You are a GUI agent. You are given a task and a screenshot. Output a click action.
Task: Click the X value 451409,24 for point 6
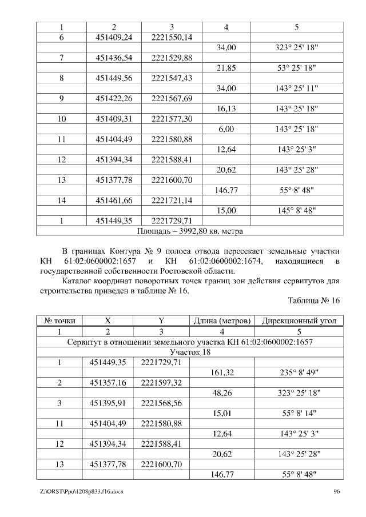pyautogui.click(x=114, y=37)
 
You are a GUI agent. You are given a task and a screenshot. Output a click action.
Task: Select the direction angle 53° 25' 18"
pyautogui.click(x=296, y=68)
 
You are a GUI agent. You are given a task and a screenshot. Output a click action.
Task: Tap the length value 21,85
pyautogui.click(x=226, y=68)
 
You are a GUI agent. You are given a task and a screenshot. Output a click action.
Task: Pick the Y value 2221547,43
pyautogui.click(x=172, y=78)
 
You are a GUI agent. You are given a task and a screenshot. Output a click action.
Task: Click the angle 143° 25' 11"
pyautogui.click(x=296, y=89)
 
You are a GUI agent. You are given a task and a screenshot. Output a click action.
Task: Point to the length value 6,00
pyautogui.click(x=226, y=130)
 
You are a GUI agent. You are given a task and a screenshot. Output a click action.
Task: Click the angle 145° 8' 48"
pyautogui.click(x=296, y=211)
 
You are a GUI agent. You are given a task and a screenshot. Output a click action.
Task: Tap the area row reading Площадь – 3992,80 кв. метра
pyautogui.click(x=190, y=231)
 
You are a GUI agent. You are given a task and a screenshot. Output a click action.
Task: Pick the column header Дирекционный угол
pyautogui.click(x=299, y=320)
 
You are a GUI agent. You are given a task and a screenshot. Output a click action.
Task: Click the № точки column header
pyautogui.click(x=60, y=320)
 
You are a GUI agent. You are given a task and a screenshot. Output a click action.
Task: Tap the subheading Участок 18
pyautogui.click(x=190, y=352)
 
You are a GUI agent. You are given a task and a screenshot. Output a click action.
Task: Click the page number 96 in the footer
pyautogui.click(x=336, y=491)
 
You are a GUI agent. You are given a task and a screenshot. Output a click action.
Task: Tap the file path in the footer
pyautogui.click(x=79, y=491)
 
